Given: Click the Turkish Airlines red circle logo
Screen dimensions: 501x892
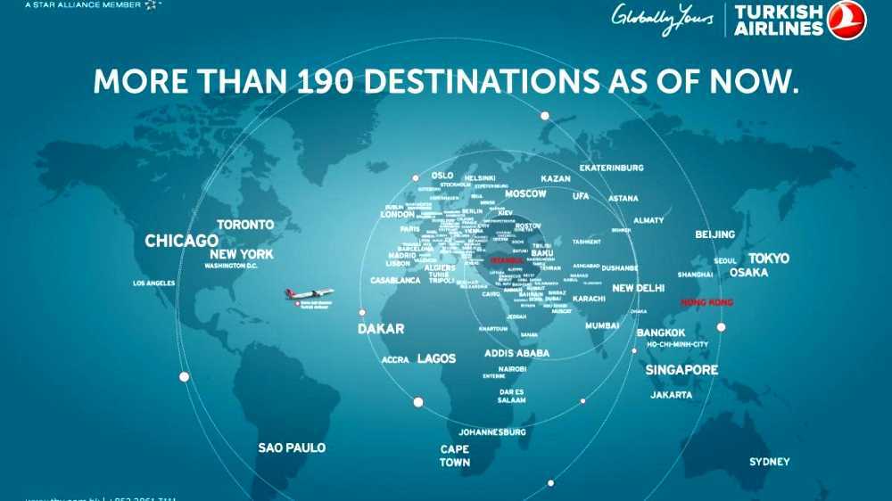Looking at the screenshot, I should (x=846, y=20).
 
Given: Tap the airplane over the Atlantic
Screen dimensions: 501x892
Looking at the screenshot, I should (x=309, y=293).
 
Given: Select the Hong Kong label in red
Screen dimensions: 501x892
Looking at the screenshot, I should (x=706, y=303).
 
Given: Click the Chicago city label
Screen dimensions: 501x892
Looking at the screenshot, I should (x=181, y=241).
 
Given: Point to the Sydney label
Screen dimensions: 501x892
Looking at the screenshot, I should (x=769, y=462).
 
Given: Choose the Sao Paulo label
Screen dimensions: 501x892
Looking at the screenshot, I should (x=292, y=448).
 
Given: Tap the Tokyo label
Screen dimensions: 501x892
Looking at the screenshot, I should (x=768, y=259).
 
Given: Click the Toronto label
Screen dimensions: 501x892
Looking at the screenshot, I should (x=245, y=225).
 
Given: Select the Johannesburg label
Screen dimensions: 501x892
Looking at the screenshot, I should (x=492, y=432).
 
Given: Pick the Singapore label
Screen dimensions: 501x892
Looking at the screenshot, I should (x=681, y=370).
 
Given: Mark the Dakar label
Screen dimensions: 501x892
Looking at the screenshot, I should (x=381, y=329).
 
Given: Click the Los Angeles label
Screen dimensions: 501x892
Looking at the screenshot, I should (x=153, y=283).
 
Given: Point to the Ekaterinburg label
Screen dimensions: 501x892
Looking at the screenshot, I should (x=611, y=168).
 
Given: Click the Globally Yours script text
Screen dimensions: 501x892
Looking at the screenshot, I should (x=662, y=17).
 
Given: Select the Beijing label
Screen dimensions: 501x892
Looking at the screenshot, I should (x=714, y=234).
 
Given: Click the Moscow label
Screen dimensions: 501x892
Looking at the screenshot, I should (x=525, y=193).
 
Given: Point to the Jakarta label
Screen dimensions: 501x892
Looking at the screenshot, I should (x=671, y=394).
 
